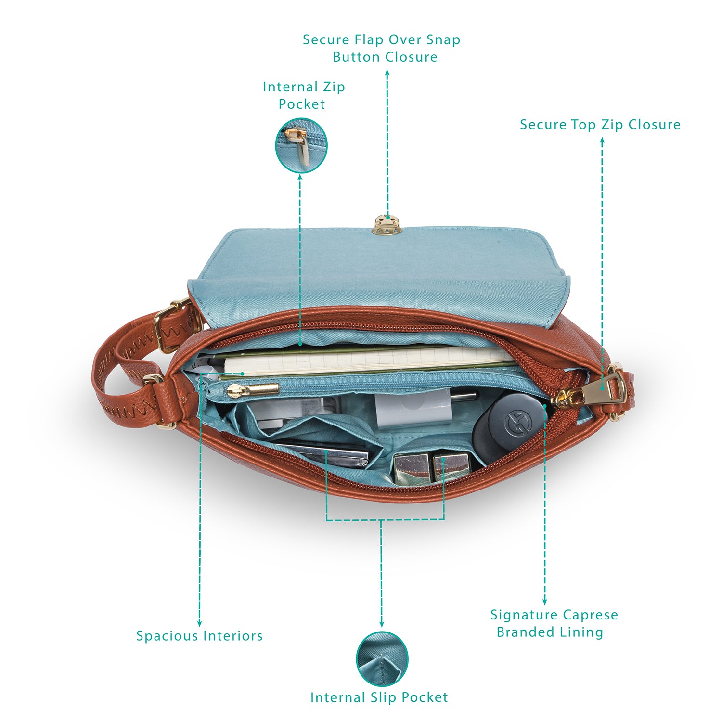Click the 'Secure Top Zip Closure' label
pyautogui.click(x=600, y=125)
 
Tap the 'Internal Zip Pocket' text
pyautogui.click(x=304, y=95)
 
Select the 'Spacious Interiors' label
pyautogui.click(x=199, y=636)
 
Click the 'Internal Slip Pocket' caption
pyautogui.click(x=379, y=697)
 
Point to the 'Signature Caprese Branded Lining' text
pyautogui.click(x=554, y=623)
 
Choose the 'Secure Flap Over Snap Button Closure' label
pyautogui.click(x=382, y=48)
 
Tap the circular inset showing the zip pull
pyautogui.click(x=301, y=145)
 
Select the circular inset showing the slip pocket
pyautogui.click(x=382, y=658)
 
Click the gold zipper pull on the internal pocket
pyautogui.click(x=253, y=389)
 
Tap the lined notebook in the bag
pyautogui.click(x=366, y=361)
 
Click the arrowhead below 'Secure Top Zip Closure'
pyautogui.click(x=602, y=141)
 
